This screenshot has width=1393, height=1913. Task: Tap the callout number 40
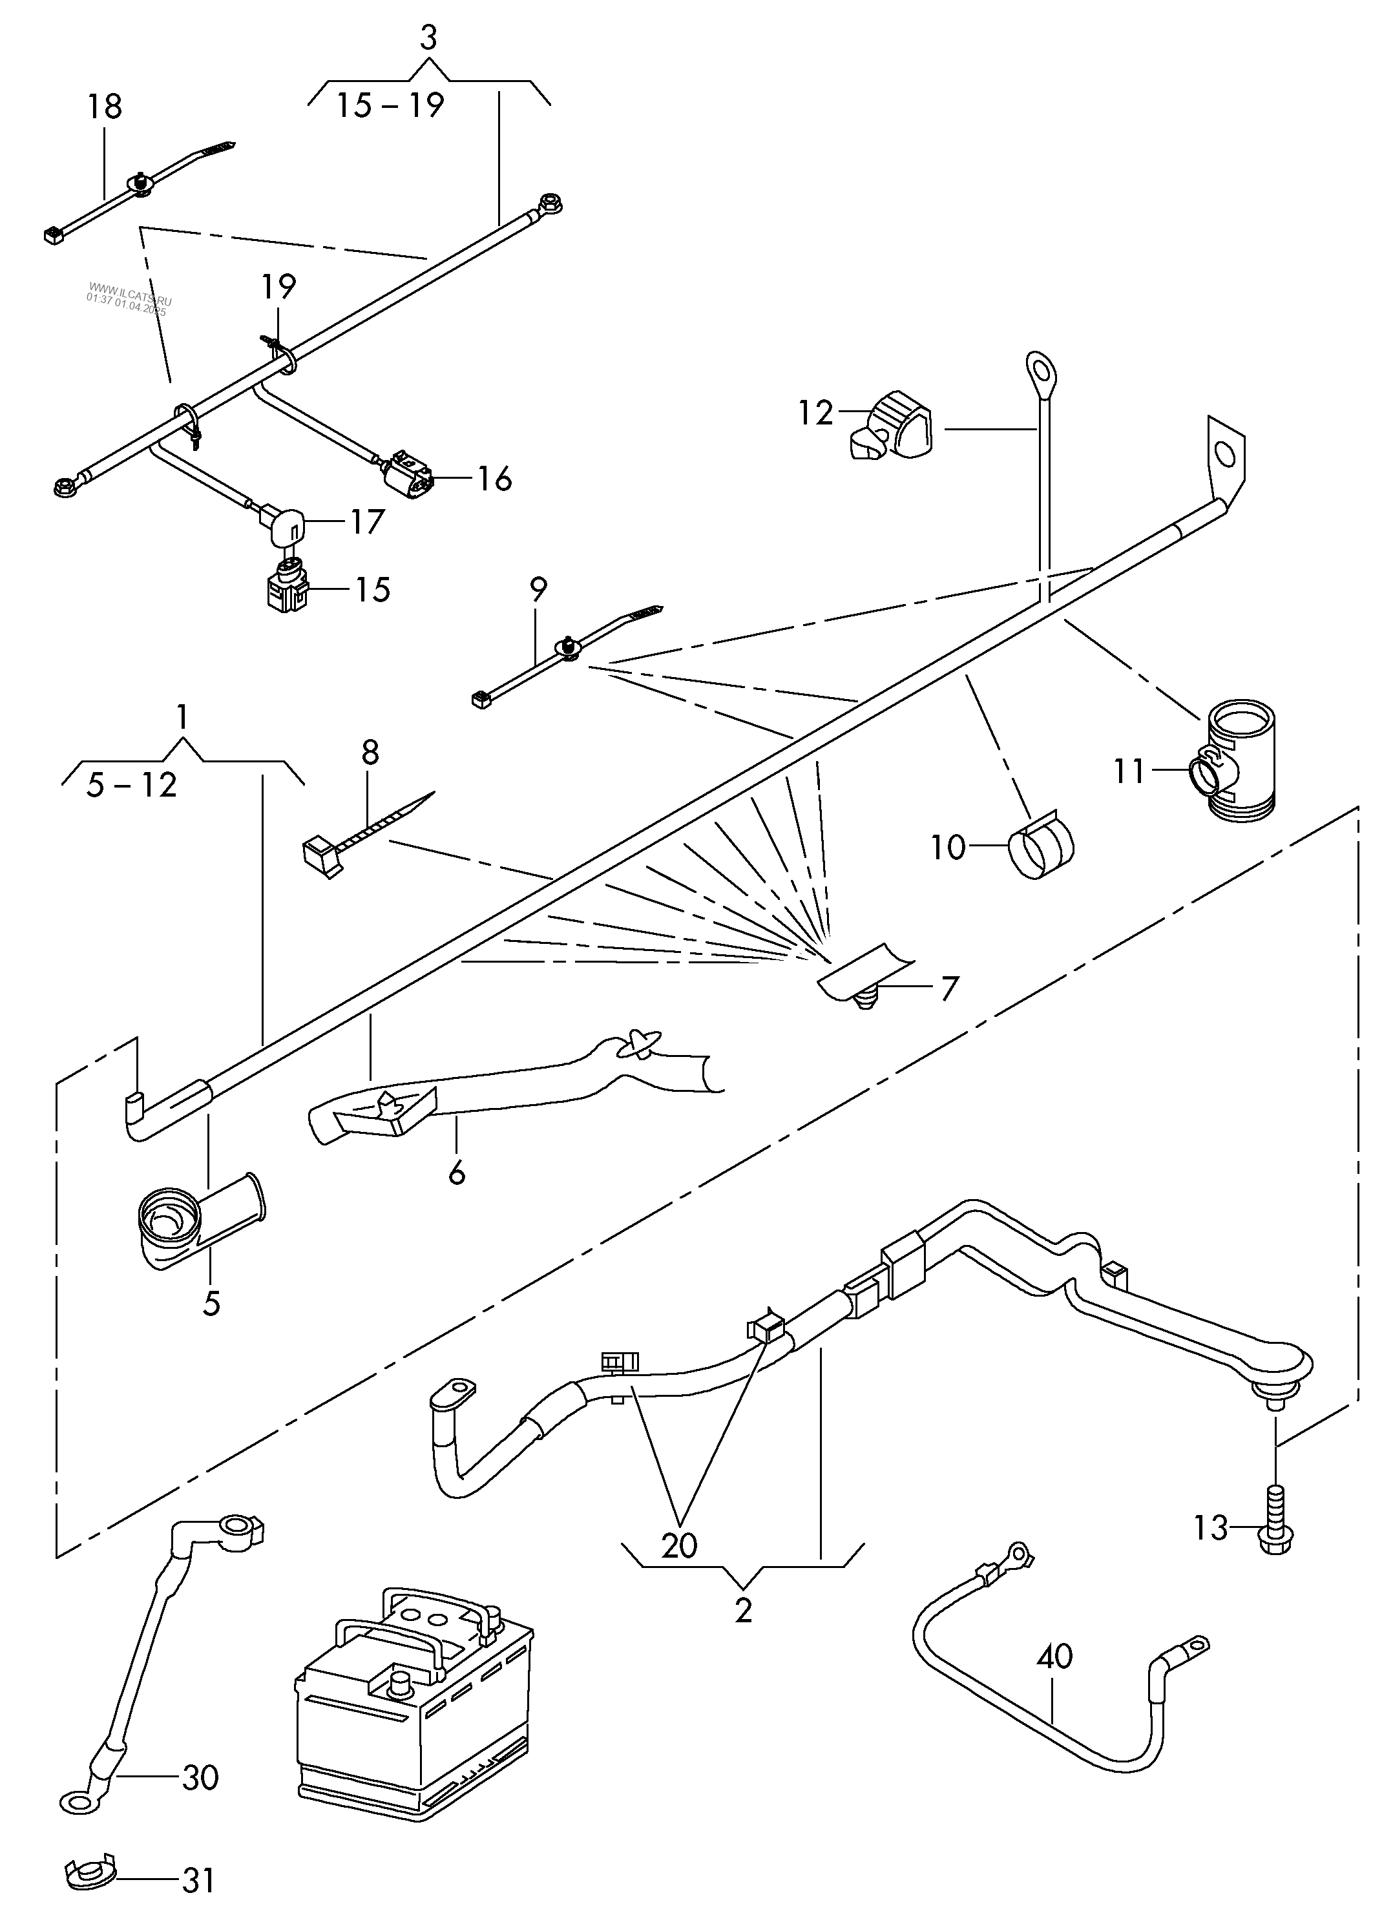click(x=1054, y=1657)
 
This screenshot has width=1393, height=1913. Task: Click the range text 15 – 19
click(x=391, y=105)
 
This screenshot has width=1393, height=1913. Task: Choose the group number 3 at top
click(x=428, y=39)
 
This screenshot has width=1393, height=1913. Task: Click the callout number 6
click(x=457, y=1173)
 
